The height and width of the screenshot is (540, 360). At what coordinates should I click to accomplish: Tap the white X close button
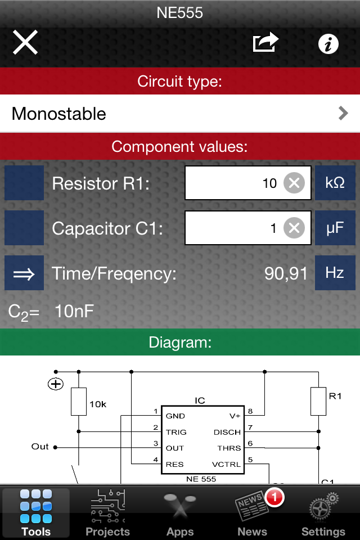(25, 43)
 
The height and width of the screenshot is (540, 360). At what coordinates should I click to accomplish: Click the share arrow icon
(265, 43)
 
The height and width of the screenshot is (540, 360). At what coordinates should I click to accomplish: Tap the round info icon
(328, 43)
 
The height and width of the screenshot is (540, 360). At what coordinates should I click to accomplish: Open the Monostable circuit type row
(180, 114)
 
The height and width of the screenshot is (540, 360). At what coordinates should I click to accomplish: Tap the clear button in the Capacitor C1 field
(294, 228)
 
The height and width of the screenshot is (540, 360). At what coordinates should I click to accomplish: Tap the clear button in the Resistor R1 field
(294, 183)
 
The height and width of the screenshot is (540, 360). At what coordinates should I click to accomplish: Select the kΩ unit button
(335, 183)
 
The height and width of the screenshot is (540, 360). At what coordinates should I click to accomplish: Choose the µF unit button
(335, 228)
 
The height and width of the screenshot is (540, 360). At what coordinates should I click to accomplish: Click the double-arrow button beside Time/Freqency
(24, 273)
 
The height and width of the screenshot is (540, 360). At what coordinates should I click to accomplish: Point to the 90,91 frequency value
(286, 273)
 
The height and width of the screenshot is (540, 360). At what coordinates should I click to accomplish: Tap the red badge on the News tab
(274, 497)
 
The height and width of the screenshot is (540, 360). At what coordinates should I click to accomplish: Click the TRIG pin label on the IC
(176, 432)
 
